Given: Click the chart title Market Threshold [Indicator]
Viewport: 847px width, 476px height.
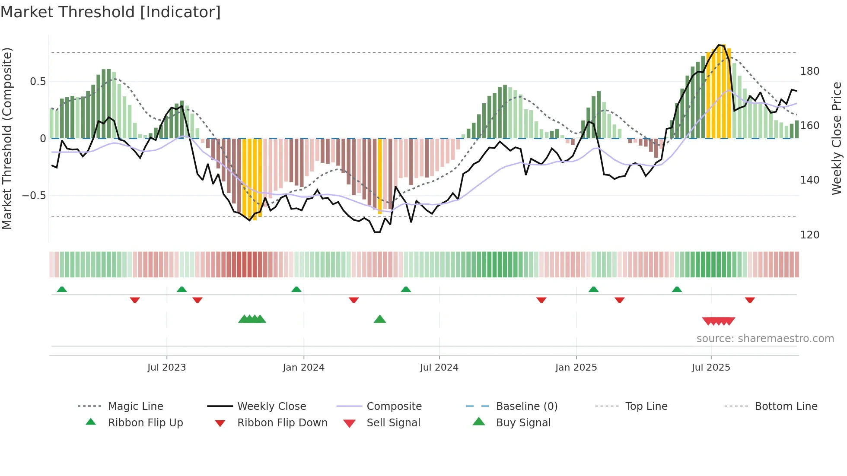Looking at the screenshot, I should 111,12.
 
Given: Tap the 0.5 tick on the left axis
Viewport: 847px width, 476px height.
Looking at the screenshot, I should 38,82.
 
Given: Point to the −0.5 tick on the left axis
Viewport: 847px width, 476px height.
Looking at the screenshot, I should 34,196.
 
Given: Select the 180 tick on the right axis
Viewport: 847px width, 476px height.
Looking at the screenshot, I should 809,71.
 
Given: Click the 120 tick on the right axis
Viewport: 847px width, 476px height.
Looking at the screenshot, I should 809,235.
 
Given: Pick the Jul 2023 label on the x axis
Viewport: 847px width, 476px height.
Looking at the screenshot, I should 166,368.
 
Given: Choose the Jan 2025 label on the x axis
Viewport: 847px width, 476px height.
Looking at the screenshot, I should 576,368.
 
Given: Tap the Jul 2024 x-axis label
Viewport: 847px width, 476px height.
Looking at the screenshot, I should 439,368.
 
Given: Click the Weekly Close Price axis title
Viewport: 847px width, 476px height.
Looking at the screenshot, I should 836,138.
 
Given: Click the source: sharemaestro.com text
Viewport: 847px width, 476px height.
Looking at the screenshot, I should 765,339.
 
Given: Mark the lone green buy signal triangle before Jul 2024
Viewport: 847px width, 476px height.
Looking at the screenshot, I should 379,319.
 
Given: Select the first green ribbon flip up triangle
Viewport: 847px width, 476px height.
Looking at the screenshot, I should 62,289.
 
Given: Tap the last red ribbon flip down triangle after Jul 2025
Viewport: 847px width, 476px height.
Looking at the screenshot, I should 750,300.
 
